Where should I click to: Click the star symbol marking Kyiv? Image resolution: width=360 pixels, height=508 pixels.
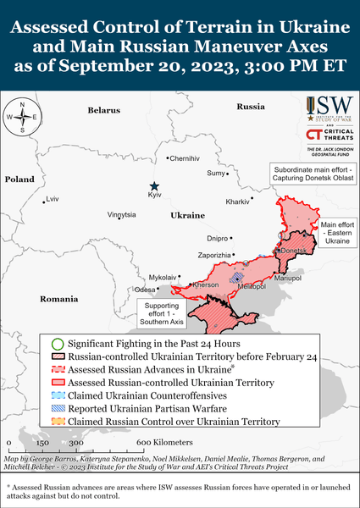click(154, 186)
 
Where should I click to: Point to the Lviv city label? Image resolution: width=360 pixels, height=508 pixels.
click(53, 199)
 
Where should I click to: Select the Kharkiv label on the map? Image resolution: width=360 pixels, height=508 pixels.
click(238, 202)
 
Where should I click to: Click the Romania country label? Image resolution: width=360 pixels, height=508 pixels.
click(58, 299)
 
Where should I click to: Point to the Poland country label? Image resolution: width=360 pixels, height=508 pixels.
click(19, 179)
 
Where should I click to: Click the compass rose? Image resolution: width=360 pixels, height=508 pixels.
click(22, 117)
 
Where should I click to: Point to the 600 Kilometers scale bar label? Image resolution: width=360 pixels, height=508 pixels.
click(163, 443)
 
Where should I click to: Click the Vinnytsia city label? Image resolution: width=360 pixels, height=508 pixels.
click(121, 215)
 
